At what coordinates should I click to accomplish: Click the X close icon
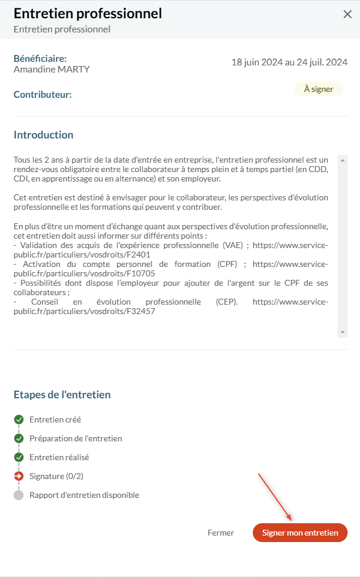[x=347, y=15]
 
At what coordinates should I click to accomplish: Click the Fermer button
[x=221, y=533]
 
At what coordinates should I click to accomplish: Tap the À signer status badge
[x=319, y=90]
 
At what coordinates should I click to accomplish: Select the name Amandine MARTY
[x=52, y=70]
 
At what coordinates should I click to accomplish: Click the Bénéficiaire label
[x=40, y=59]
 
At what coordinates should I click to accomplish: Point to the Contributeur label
[x=42, y=94]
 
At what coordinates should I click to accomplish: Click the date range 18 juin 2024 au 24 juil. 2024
[x=289, y=62]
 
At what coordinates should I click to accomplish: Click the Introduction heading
[x=44, y=135]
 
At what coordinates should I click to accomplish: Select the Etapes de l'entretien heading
[x=62, y=395]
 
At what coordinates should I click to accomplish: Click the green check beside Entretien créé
[x=19, y=420]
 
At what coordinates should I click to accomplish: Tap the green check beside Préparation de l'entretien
[x=19, y=439]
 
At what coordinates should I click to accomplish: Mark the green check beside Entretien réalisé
[x=19, y=458]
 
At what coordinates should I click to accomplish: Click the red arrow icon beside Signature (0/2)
[x=19, y=476]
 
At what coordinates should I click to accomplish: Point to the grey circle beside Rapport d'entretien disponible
[x=19, y=495]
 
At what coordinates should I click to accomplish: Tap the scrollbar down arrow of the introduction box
[x=342, y=333]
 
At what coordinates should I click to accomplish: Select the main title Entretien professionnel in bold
[x=88, y=14]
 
